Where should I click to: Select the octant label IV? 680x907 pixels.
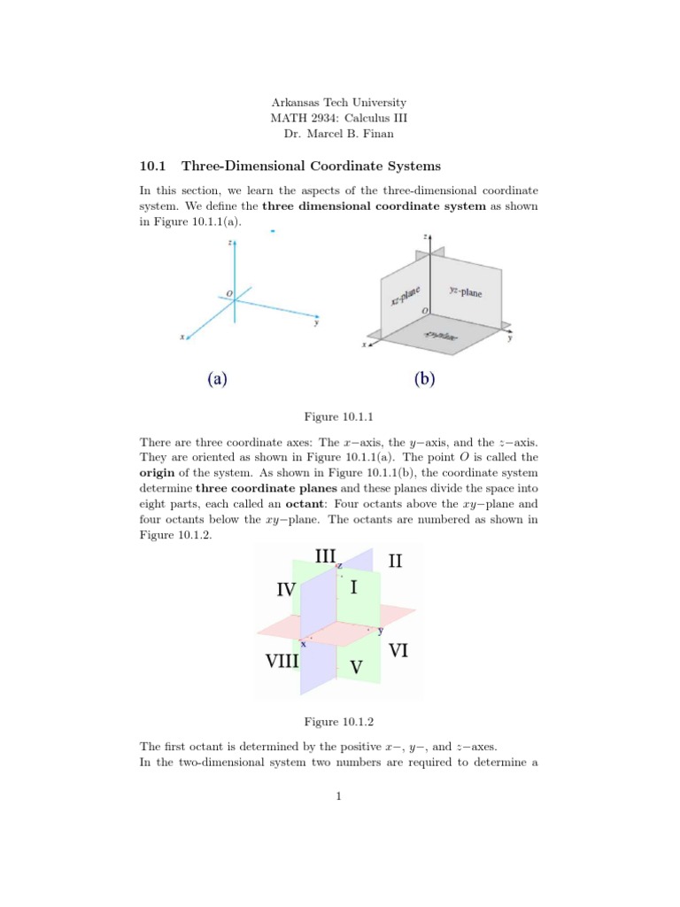(286, 589)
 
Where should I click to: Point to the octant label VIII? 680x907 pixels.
(289, 661)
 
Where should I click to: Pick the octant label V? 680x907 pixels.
(355, 667)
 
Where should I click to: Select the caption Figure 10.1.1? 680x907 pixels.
(339, 415)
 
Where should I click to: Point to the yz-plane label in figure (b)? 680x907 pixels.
(466, 291)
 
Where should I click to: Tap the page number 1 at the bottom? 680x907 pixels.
(339, 796)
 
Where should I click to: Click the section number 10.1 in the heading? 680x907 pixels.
(153, 166)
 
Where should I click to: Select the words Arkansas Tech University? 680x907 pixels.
(339, 103)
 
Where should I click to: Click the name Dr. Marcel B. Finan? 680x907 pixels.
(339, 134)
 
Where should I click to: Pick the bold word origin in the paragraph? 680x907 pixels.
(159, 473)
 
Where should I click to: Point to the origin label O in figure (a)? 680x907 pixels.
(229, 294)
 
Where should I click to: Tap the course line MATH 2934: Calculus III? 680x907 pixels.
(339, 118)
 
